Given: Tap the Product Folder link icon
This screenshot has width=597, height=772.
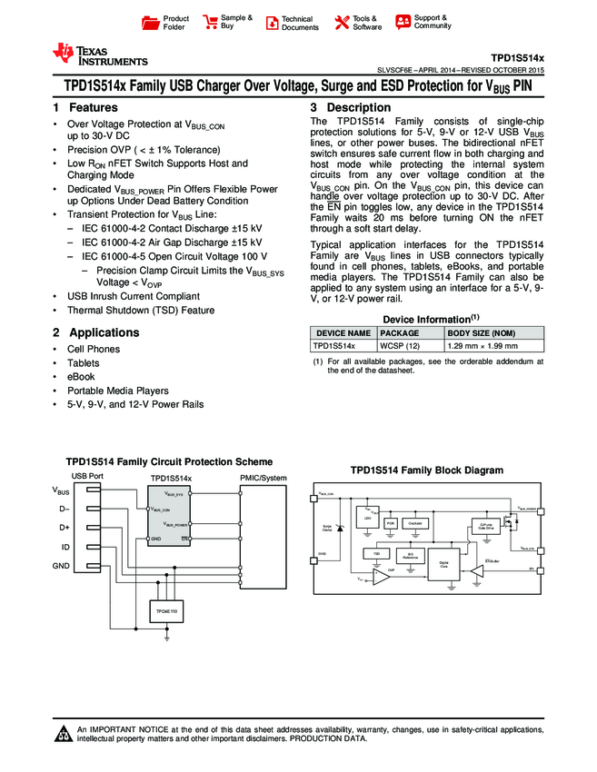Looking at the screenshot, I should click(x=152, y=22).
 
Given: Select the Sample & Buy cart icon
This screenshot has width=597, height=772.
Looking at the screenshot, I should click(x=211, y=22).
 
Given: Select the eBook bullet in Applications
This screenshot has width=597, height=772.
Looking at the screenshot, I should click(x=81, y=376).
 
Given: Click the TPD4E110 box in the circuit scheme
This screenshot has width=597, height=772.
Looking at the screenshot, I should click(x=167, y=615).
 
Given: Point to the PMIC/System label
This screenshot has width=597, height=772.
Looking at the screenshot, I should click(x=263, y=479).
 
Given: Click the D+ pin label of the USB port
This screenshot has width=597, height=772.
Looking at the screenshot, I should click(x=65, y=528).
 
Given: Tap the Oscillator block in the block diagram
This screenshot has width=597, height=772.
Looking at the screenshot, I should click(x=417, y=523).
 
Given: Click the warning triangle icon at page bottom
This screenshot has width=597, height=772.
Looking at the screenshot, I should click(x=64, y=734).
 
